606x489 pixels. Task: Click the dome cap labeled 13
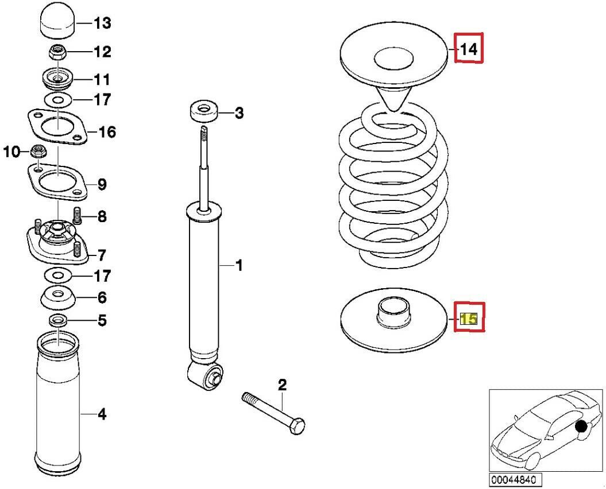[57, 24]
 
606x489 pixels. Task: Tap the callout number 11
[102, 79]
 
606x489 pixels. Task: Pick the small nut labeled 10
[37, 152]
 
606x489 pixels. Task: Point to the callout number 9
[101, 185]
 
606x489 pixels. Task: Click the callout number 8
[101, 217]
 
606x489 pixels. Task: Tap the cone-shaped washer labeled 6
[57, 297]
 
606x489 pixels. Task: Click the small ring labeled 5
[58, 319]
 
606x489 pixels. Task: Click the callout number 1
[238, 265]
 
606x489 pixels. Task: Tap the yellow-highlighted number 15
[469, 319]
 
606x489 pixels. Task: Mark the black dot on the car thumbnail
[582, 426]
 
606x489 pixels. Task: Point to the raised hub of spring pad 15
[394, 313]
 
